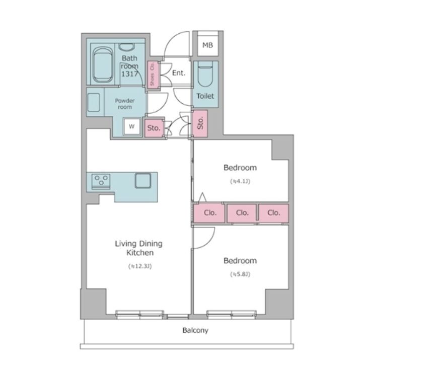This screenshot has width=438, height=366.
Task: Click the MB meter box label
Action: [x=207, y=45]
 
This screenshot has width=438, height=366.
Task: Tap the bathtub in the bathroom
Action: [x=103, y=64]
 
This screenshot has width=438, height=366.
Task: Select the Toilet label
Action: [x=205, y=96]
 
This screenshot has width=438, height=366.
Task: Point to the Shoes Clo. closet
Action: [x=153, y=75]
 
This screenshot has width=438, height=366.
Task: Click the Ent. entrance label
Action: [x=179, y=73]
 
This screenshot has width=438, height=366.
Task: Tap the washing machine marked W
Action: [x=131, y=126]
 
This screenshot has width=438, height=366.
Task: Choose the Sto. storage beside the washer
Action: [x=154, y=128]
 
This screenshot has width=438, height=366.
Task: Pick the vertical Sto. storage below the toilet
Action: [x=200, y=123]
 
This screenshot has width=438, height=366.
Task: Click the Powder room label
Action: [x=124, y=104]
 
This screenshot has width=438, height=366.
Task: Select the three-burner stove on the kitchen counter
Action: [x=101, y=181]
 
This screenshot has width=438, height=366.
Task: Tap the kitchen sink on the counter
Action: [x=143, y=181]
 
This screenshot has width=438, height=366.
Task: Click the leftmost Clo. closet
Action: [x=209, y=213]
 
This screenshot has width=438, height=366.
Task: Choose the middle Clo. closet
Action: [x=242, y=213]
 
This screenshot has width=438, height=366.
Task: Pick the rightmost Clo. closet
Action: [x=273, y=213]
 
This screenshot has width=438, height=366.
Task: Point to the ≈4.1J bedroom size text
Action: [x=240, y=181]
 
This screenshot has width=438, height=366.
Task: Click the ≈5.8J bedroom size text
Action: [x=240, y=274]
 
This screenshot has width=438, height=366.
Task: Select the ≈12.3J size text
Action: [x=140, y=266]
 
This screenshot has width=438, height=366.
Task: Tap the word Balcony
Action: [x=195, y=331]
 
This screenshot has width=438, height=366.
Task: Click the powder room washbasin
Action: [x=94, y=102]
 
